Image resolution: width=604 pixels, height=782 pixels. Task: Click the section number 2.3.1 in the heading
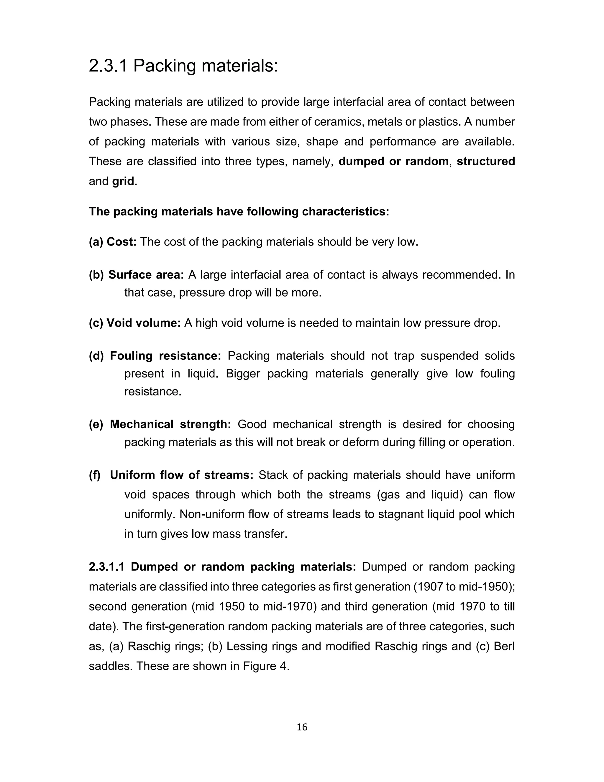pos(108,66)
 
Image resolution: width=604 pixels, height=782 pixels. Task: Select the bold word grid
pos(123,181)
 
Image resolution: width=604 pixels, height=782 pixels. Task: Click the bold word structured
pos(485,161)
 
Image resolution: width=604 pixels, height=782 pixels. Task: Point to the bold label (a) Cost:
pos(113,242)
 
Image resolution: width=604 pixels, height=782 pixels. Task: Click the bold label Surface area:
pos(146,275)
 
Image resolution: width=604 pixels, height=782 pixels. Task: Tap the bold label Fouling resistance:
pos(166,356)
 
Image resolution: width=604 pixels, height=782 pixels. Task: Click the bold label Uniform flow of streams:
pos(181,475)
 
